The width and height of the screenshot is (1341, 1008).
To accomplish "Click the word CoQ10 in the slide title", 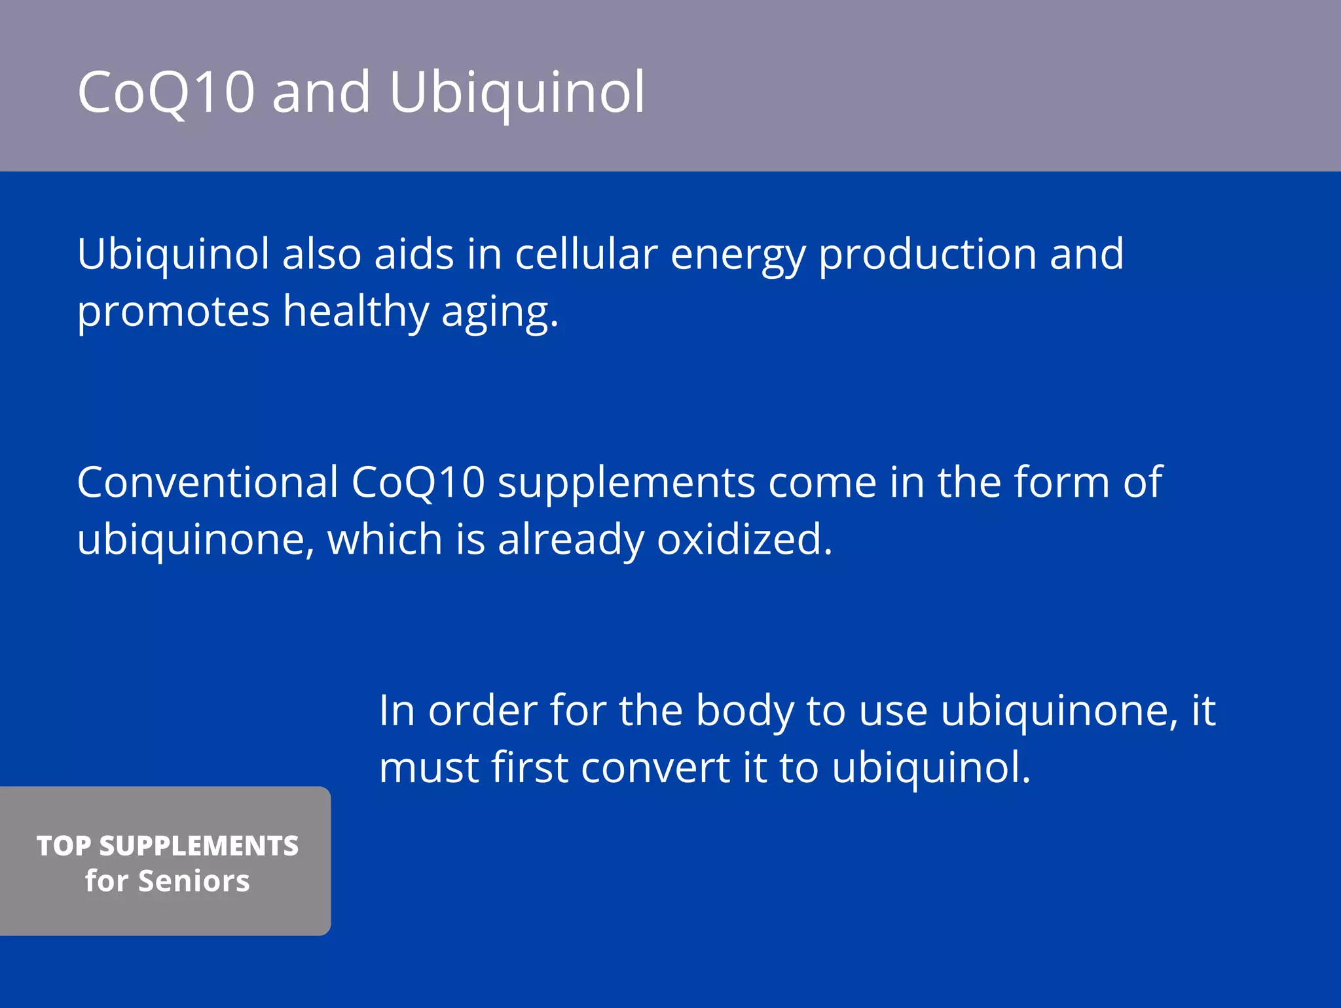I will (166, 92).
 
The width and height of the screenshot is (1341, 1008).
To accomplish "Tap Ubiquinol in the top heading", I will (517, 92).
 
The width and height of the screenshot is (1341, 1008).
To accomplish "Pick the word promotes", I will (174, 312).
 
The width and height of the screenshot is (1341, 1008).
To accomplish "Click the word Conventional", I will (208, 482).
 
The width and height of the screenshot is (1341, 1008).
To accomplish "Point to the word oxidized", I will (744, 539).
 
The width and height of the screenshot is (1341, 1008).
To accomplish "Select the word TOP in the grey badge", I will (64, 846).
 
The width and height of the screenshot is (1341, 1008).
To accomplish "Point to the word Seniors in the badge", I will (194, 881).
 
